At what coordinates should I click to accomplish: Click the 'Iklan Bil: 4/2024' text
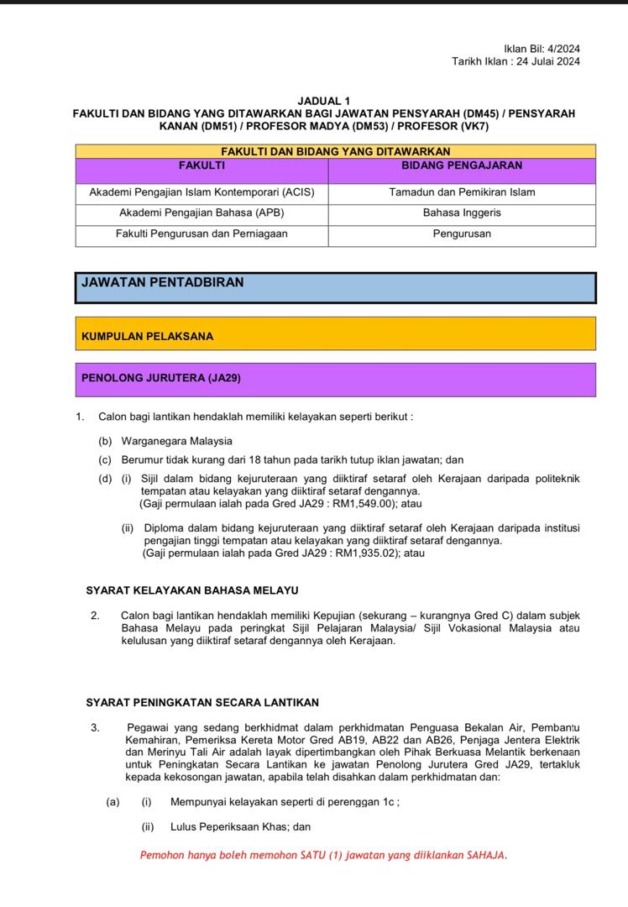pos(542,49)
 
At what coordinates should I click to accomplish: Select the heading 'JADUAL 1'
pos(324,100)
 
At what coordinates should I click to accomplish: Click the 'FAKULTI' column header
pos(201,166)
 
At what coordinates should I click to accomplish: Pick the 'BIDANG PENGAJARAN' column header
pos(462,166)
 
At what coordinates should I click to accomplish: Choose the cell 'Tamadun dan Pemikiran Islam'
pos(462,192)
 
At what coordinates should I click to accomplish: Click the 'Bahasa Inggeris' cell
pos(462,213)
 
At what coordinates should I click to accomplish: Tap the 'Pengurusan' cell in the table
pos(462,234)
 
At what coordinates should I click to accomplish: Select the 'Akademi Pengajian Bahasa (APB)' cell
pos(201,213)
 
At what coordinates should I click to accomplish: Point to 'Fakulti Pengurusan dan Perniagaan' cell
pos(201,234)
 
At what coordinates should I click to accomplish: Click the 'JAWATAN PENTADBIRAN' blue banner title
pos(163,283)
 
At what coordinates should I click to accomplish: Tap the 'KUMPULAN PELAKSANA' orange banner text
pos(148,337)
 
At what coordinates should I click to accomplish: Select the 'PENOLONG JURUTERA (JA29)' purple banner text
pos(161,379)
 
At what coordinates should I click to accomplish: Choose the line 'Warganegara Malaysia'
pos(177,441)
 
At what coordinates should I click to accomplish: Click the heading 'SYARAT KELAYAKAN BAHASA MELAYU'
pos(192,591)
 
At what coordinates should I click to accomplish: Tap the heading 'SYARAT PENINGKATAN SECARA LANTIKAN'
pos(202,702)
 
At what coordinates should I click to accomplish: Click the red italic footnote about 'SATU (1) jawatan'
pos(323,856)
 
